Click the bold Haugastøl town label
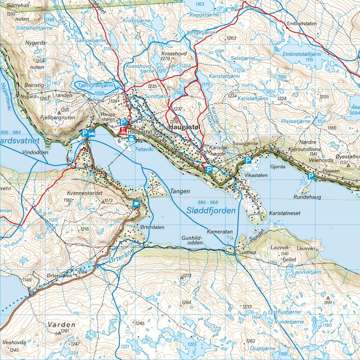point(186,128)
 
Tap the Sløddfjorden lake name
point(212,210)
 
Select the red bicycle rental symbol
point(122,131)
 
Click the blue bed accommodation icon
point(91,134)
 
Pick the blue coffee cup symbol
point(136,204)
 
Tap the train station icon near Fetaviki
point(131,140)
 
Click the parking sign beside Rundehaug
point(310,176)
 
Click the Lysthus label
point(248,252)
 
